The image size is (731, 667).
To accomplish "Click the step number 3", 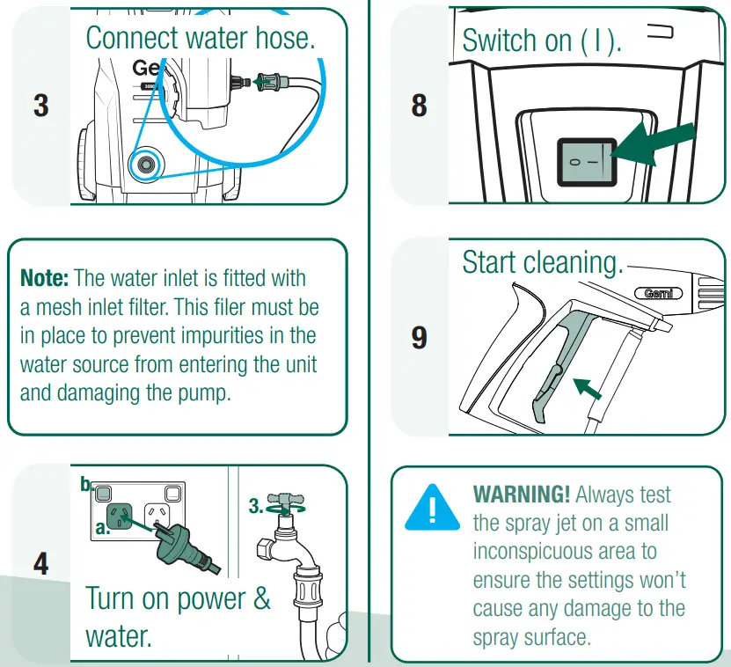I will pos(40,106).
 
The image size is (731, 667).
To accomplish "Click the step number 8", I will pos(420,106).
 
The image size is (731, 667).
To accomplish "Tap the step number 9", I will pos(420,337).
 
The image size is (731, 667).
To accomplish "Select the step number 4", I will pos(40,563).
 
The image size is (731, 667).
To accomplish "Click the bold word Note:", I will pos(45,279).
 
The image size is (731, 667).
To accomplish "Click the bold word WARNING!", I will pos(523,495).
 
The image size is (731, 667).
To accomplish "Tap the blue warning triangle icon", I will pos(432,508).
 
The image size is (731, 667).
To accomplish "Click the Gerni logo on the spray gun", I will pos(658,293).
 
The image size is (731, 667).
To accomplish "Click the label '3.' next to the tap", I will pos(256,506).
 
